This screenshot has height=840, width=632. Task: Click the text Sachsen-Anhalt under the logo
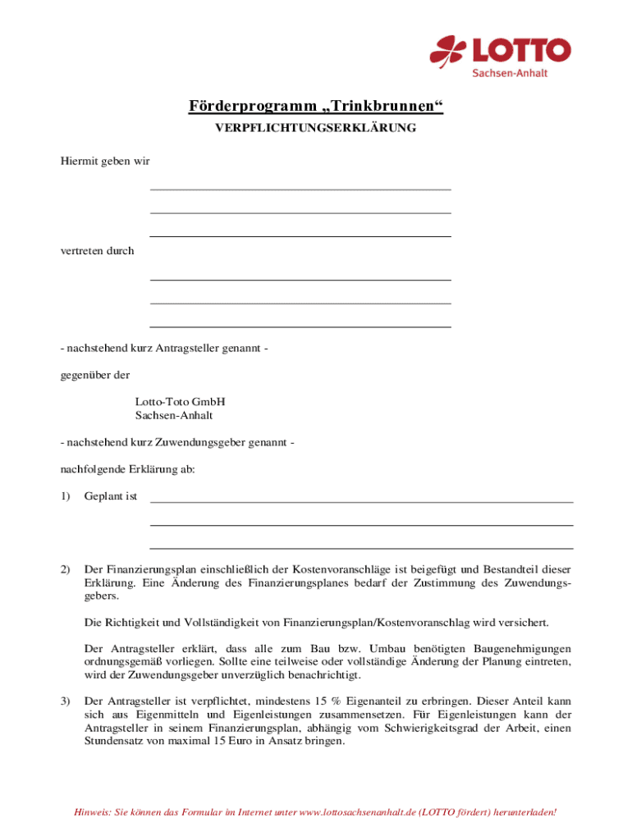tap(509, 73)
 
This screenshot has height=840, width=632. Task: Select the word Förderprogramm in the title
tap(240, 107)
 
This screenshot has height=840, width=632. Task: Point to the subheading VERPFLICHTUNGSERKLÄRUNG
tap(316, 128)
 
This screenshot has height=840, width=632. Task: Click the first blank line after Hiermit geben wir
tap(300, 189)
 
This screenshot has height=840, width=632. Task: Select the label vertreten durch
tap(97, 251)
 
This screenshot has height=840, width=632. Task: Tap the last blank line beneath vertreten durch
tap(300, 326)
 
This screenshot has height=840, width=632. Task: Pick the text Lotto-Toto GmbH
tap(180, 402)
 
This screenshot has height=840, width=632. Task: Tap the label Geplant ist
tap(110, 496)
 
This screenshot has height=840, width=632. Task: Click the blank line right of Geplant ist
tap(361, 500)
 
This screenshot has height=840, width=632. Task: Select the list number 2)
tap(66, 569)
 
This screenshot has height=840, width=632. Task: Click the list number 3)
tap(66, 702)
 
